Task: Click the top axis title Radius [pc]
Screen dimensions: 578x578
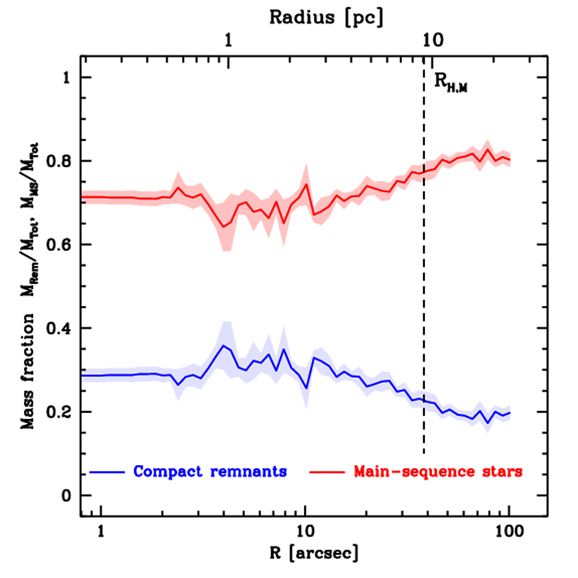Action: coord(326,17)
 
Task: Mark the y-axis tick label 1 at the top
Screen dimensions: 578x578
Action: coord(69,78)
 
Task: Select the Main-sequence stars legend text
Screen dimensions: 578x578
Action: coord(437,471)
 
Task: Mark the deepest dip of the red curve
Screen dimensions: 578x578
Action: coord(224,227)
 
